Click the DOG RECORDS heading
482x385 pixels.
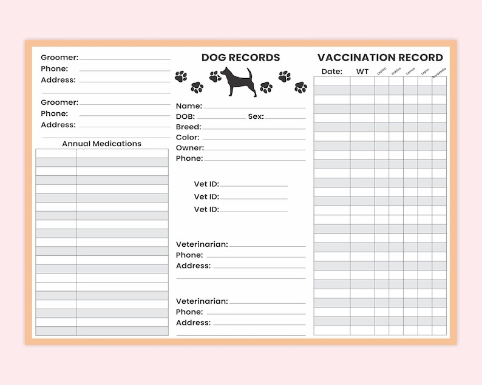coord(240,58)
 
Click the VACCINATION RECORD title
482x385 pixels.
coord(380,58)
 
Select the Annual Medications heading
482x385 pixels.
coord(101,144)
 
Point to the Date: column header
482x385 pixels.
coord(331,72)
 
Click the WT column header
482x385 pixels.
coord(362,72)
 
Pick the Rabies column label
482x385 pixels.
coord(396,70)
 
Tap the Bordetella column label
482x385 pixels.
coord(440,71)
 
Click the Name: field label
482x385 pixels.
coord(189,105)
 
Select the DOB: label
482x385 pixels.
coord(185,116)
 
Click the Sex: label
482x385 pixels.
coord(256,116)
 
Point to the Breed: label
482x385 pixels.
coord(188,127)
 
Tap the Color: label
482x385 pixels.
coord(188,137)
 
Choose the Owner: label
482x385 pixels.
coord(189,147)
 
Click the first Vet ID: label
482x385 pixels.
coord(206,184)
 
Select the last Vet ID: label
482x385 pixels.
coord(206,209)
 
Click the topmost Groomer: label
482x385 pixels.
coord(59,58)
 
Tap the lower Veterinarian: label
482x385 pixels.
coord(202,301)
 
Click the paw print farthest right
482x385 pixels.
coord(300,87)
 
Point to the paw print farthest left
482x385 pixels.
coord(181,76)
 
